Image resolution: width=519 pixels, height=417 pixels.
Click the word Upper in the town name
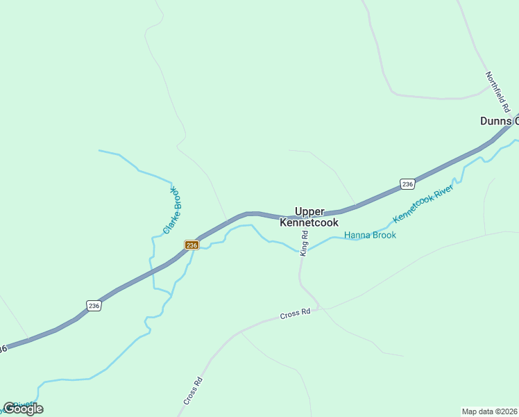tap(309, 211)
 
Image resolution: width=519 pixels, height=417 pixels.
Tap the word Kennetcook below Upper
tap(309, 223)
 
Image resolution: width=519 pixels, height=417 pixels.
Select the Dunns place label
tap(496, 121)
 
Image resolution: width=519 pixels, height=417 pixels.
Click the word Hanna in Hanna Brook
tap(357, 235)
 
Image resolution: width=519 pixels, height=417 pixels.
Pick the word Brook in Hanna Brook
tap(384, 235)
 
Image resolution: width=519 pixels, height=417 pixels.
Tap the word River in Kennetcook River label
tap(444, 194)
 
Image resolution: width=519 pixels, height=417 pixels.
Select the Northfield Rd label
tap(497, 92)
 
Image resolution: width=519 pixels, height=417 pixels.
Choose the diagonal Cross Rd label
tap(193, 391)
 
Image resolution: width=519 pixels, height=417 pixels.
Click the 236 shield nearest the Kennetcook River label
tap(407, 184)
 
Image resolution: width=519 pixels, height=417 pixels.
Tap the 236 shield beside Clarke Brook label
tap(192, 245)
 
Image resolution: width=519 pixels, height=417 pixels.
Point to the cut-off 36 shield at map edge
tap(3, 348)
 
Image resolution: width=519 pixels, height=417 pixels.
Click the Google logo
tap(23, 409)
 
